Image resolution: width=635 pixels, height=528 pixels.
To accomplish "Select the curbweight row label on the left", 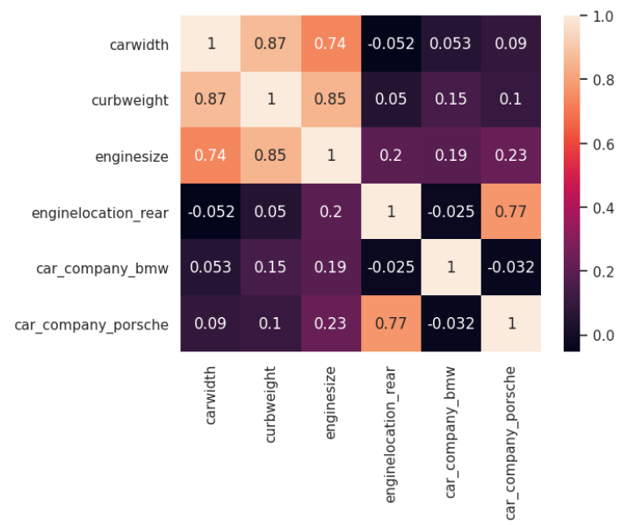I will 129,99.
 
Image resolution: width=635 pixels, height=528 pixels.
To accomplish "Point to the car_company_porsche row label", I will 91,324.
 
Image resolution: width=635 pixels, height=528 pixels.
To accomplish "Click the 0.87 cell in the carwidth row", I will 271,43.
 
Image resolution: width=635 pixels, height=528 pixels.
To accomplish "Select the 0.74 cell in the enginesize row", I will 211,156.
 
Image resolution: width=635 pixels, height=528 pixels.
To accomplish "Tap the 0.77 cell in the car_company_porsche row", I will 390,324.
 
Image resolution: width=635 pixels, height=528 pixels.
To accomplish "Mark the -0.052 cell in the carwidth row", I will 390,43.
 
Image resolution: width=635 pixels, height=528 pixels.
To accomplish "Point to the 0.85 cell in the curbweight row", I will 330,99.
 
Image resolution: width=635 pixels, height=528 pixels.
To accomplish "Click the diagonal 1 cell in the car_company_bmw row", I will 450,268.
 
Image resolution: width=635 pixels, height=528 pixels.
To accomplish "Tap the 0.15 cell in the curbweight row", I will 450,99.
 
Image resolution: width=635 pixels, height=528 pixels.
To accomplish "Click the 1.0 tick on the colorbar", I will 603,16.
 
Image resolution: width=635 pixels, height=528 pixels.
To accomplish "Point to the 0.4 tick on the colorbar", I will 603,207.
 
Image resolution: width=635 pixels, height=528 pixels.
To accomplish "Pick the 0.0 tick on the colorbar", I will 603,336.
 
